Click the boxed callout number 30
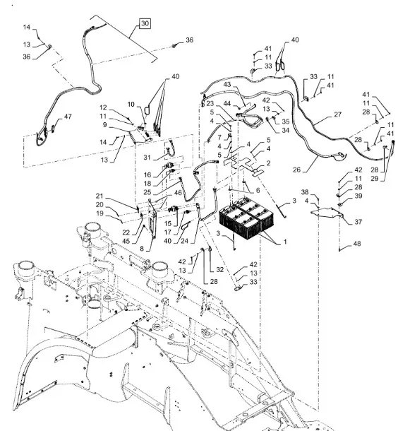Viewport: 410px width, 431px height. [145, 23]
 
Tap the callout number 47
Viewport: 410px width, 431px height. [68, 117]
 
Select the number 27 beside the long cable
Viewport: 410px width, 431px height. [337, 114]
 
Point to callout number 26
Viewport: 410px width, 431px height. [296, 170]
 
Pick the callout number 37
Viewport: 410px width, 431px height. [358, 222]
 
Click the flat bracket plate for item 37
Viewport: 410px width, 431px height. [327, 213]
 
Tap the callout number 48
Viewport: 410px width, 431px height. [357, 244]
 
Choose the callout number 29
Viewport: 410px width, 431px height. [375, 178]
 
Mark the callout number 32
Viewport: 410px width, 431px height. [219, 269]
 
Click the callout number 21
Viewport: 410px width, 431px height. [100, 196]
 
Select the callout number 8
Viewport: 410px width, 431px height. [142, 249]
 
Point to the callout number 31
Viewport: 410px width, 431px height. [147, 158]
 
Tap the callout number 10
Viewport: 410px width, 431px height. [131, 104]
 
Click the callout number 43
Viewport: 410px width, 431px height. [227, 84]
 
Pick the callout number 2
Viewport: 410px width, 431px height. [268, 163]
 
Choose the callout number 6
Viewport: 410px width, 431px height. [258, 190]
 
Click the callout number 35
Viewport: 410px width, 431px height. [286, 122]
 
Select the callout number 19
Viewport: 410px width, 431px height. [100, 213]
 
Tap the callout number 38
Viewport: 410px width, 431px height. [305, 192]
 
